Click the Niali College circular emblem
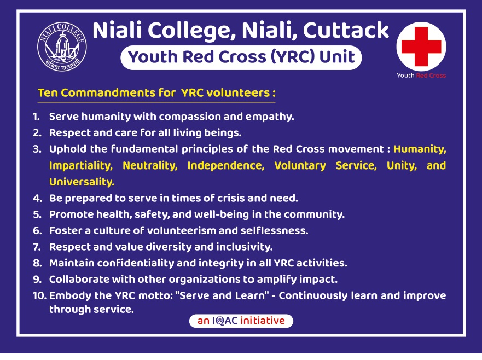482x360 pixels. pos(62,47)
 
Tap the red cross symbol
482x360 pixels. pos(421,47)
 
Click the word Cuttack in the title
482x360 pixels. pos(346,30)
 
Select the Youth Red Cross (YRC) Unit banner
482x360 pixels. pos(241,57)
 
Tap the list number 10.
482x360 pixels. pos(39,295)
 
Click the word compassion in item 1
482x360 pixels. pos(189,117)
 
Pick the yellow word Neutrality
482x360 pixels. pos(150,166)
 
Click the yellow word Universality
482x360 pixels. pos(82,182)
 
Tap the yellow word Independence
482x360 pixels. pos(226,166)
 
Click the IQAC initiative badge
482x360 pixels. pos(241,321)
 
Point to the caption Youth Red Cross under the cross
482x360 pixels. pos(421,76)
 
